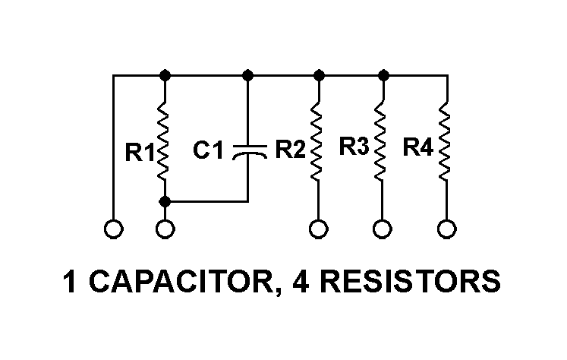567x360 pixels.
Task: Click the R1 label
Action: [x=139, y=153]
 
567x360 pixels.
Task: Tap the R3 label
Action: [x=354, y=146]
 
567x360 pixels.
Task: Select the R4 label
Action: [x=418, y=146]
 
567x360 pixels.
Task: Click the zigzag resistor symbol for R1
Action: [x=165, y=142]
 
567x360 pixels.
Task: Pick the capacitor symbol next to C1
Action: [x=248, y=151]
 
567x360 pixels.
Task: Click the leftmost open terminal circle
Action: [x=112, y=228]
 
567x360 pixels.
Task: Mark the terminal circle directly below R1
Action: [x=165, y=228]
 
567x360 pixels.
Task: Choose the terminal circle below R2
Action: [x=320, y=228]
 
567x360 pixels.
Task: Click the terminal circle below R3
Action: [x=383, y=228]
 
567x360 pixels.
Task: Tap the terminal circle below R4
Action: [x=447, y=228]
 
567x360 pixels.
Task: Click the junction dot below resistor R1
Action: [x=165, y=201]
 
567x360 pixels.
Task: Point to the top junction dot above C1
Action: [x=248, y=75]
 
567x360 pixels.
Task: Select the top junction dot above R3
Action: [x=383, y=75]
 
